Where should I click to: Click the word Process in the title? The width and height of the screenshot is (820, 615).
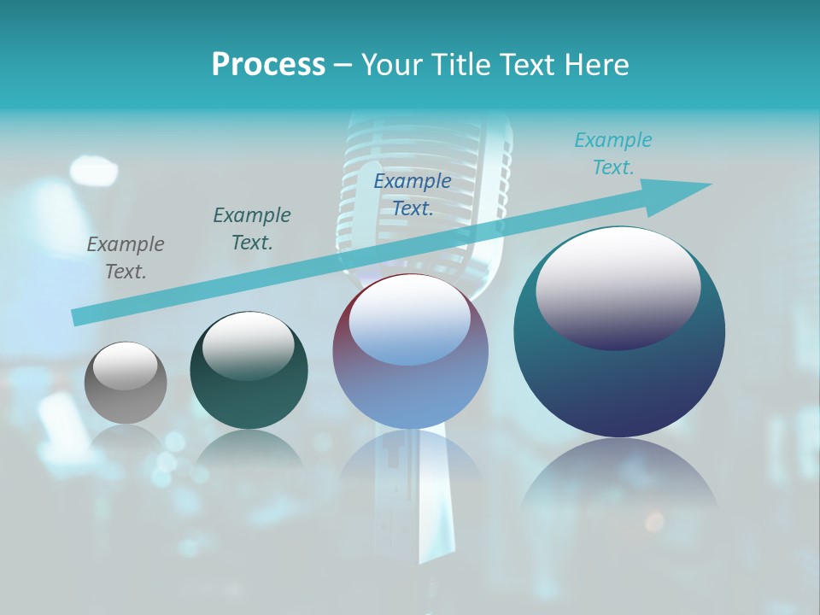coord(268,65)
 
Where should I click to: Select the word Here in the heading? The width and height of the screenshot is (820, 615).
coord(597,65)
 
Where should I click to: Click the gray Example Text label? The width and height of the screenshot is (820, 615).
coord(126,258)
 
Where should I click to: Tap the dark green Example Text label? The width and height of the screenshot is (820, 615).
coord(252,229)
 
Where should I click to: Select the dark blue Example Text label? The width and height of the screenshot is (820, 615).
coord(413,195)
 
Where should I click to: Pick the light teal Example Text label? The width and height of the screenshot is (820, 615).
coord(612,154)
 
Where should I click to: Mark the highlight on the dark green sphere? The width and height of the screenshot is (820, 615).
coord(249,346)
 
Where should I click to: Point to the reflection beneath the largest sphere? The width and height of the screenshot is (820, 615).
coord(619,478)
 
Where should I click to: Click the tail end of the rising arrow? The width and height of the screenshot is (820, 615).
coord(79,317)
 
